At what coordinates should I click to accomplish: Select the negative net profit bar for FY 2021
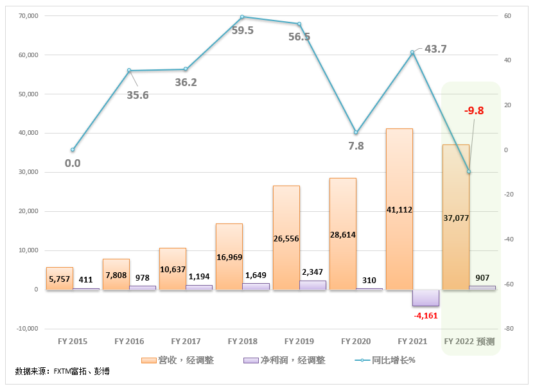click(x=425, y=297)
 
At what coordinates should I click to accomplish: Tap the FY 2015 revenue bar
click(x=60, y=278)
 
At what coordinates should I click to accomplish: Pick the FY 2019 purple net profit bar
click(x=312, y=285)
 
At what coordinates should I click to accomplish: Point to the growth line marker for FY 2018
click(x=242, y=17)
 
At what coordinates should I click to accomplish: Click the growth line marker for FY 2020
click(x=356, y=132)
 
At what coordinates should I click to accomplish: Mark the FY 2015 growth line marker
click(x=73, y=150)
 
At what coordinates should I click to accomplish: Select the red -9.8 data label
click(x=473, y=110)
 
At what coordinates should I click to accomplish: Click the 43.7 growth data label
click(x=435, y=49)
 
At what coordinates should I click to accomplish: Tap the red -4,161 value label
click(x=425, y=315)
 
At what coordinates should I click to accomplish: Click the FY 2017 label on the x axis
click(x=186, y=342)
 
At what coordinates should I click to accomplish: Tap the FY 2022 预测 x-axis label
click(x=471, y=342)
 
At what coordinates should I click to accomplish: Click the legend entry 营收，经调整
click(x=178, y=360)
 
